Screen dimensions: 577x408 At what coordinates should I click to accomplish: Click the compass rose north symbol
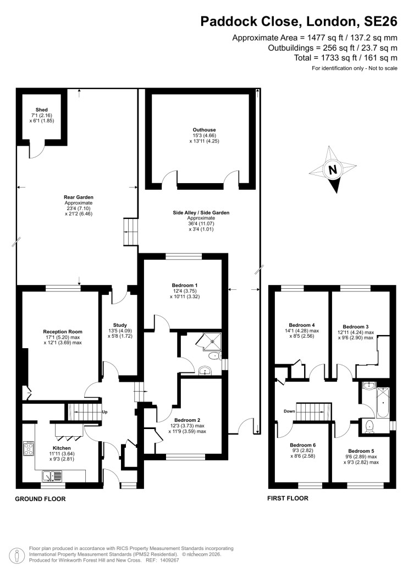click(x=332, y=170)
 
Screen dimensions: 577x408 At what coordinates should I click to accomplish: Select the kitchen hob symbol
click(x=29, y=448)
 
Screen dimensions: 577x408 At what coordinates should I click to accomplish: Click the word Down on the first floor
click(x=290, y=411)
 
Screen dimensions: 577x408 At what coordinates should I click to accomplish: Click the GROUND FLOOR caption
click(x=40, y=499)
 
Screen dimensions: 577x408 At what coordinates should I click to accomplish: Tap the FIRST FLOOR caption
click(x=288, y=499)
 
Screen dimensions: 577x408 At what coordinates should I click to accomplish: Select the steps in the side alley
click(x=130, y=233)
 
